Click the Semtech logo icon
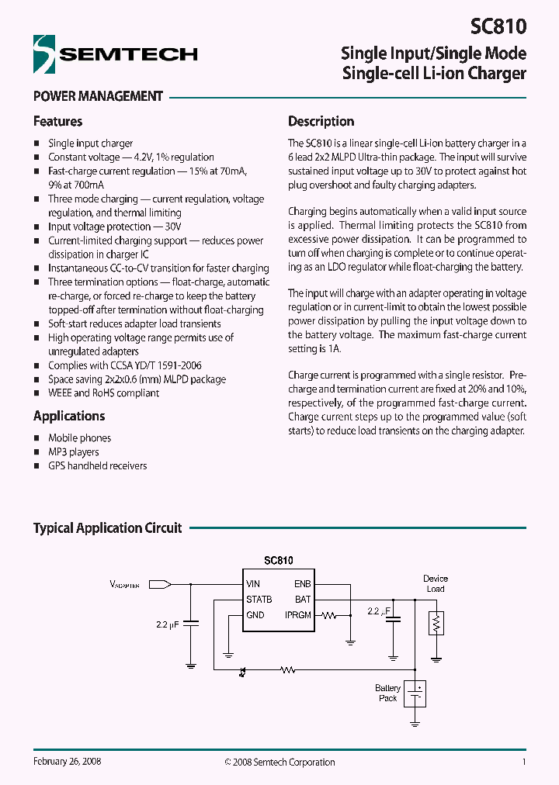44,54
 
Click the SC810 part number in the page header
498,27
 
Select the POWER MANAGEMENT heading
98,97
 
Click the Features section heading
57,122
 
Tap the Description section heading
321,122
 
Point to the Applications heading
69,416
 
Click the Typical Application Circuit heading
107,528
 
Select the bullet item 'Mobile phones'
79,438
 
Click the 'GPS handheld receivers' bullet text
97,466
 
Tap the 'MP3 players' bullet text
74,452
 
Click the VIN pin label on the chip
253,584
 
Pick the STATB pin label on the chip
259,600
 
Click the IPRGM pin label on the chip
298,615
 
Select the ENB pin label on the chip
302,584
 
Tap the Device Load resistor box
436,623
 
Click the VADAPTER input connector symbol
160,584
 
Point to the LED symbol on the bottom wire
243,669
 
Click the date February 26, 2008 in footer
68,762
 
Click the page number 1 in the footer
524,762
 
